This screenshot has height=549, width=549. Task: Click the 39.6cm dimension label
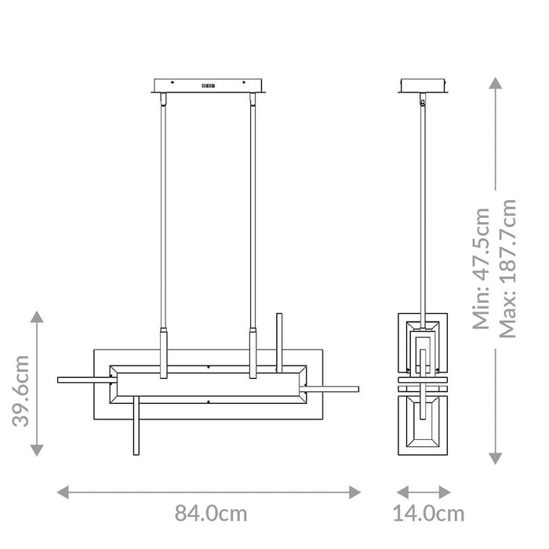click(21, 389)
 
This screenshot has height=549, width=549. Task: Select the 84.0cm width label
click(210, 514)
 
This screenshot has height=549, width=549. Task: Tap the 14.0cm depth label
click(427, 514)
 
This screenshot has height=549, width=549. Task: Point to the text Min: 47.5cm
click(480, 267)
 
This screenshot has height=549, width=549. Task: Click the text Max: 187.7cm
click(507, 267)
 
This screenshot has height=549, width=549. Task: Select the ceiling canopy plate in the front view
click(208, 84)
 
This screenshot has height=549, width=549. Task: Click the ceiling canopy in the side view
click(424, 84)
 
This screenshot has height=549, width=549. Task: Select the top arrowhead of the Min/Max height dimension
click(495, 82)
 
